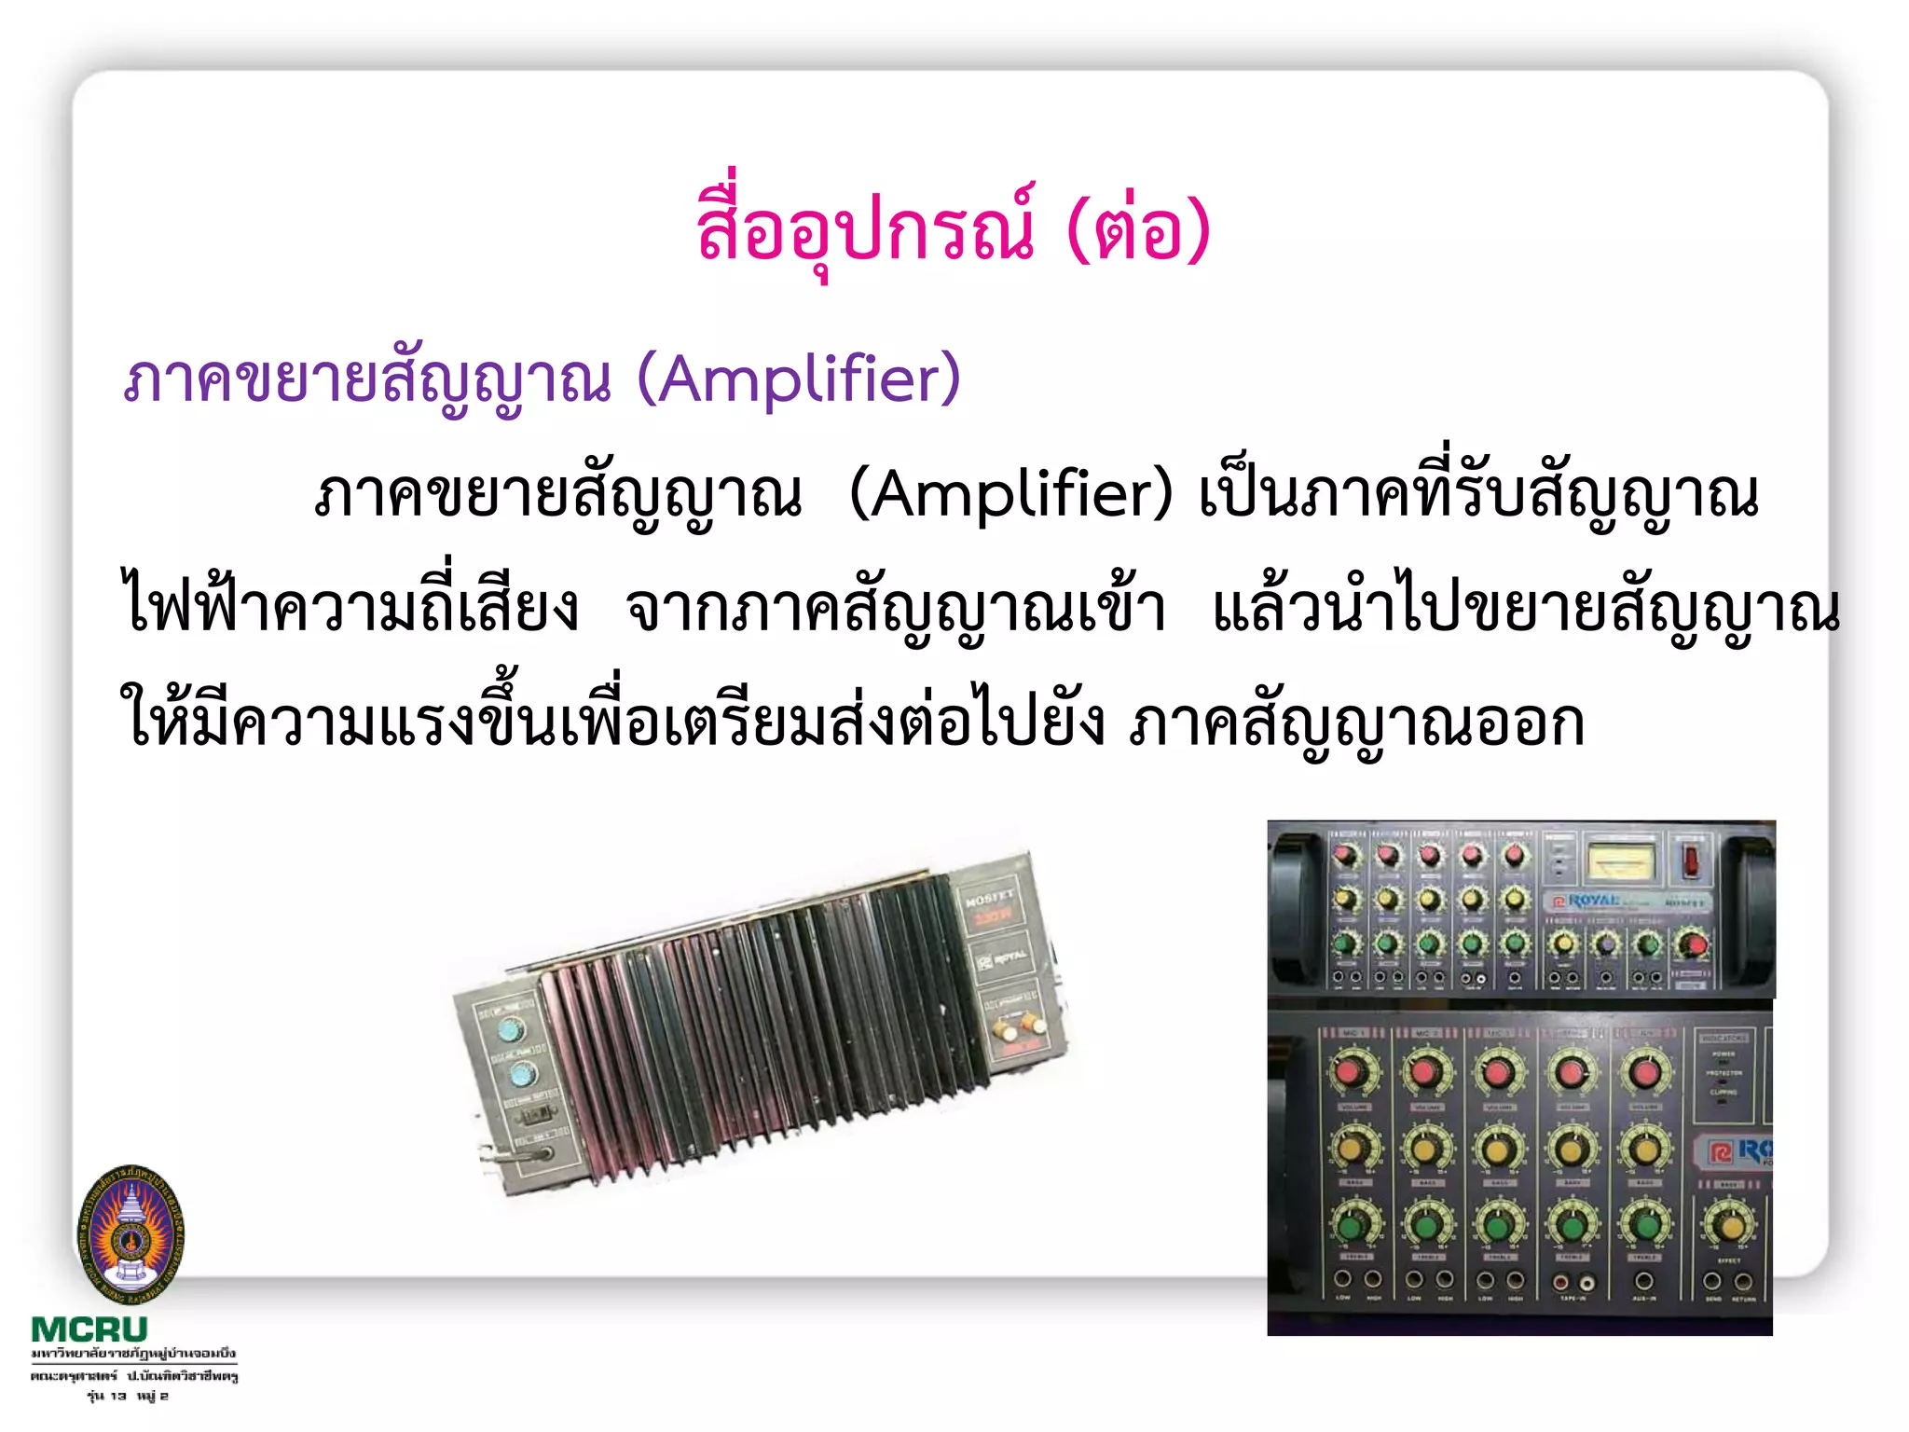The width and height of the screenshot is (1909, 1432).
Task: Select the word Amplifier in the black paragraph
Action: (x=1012, y=494)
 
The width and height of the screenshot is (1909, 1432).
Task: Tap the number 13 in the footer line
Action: (x=118, y=1396)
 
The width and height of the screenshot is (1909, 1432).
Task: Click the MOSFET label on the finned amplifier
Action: (x=989, y=898)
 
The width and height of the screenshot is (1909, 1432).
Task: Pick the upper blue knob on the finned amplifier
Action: (x=511, y=1030)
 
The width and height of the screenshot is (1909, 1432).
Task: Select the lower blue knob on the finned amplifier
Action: (x=524, y=1076)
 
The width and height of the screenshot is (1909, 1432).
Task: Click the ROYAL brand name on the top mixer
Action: (x=1594, y=901)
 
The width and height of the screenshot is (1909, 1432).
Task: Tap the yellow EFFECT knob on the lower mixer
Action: (x=1729, y=1223)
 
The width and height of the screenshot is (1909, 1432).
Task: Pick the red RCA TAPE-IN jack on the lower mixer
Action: (x=1564, y=1284)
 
